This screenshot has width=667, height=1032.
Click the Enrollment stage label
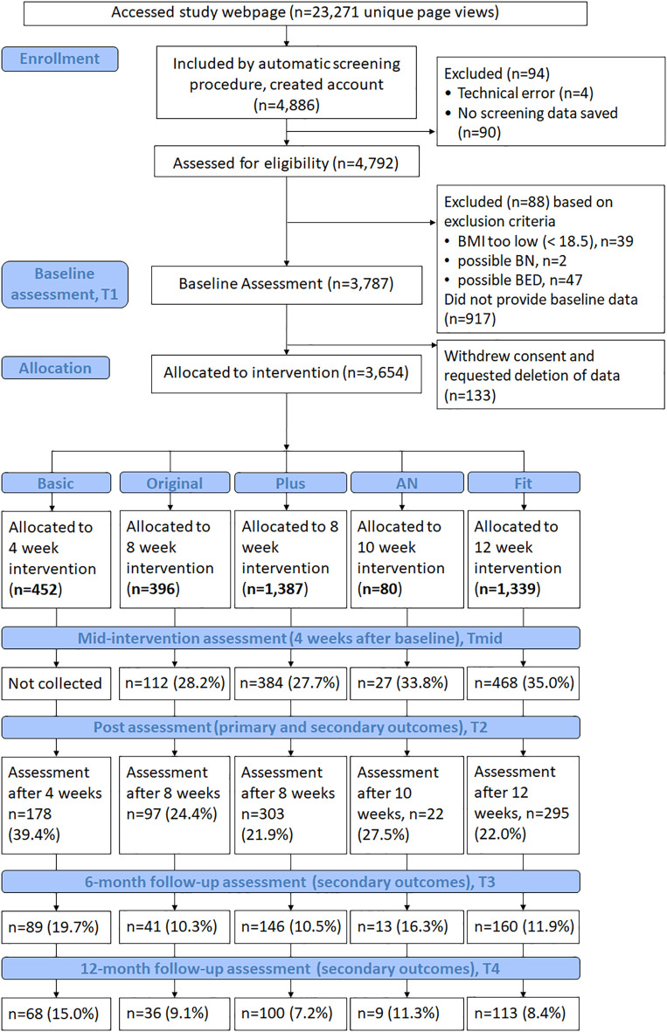[x=60, y=59]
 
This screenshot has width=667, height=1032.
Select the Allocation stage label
[x=55, y=368]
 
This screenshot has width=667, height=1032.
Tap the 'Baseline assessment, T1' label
[x=65, y=284]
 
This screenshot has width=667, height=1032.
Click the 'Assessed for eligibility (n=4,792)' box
[x=287, y=163]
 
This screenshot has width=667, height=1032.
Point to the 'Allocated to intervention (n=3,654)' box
[x=287, y=373]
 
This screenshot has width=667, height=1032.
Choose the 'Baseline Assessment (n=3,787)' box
[x=287, y=284]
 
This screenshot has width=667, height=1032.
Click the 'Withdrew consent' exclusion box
[x=551, y=375]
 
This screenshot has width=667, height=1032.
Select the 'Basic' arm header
[x=56, y=483]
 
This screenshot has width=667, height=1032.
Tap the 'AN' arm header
[x=406, y=483]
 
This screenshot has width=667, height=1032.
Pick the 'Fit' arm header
[x=524, y=483]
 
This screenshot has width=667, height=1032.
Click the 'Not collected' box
[x=55, y=683]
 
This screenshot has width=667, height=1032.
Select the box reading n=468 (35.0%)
[x=524, y=683]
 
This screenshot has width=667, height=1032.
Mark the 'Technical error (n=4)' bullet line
[x=525, y=94]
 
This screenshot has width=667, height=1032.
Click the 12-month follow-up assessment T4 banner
[x=290, y=969]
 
